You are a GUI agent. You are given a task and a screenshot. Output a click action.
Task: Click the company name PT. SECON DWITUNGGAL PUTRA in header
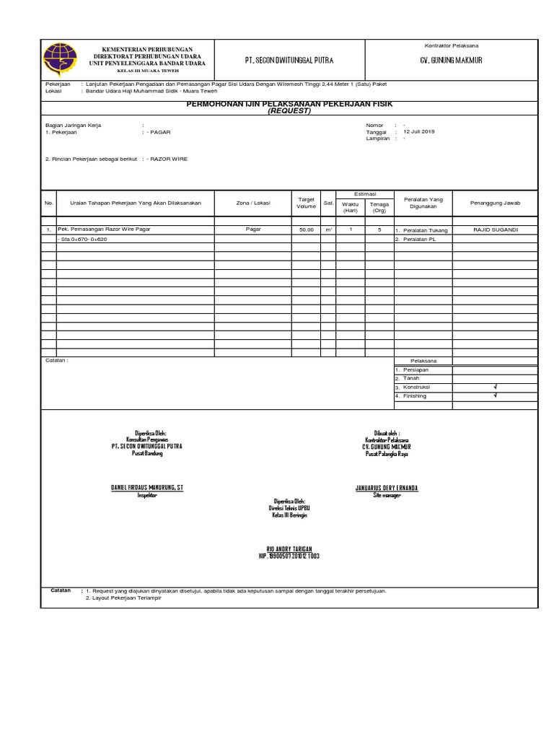click(288, 60)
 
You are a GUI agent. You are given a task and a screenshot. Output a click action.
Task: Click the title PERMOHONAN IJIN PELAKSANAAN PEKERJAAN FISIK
click(289, 105)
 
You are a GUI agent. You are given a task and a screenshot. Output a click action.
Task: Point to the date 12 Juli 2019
click(419, 131)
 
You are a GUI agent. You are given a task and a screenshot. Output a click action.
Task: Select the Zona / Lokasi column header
click(253, 203)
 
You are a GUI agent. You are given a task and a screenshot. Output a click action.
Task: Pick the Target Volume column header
click(306, 202)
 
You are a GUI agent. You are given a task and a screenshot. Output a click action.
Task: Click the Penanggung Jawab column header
click(495, 203)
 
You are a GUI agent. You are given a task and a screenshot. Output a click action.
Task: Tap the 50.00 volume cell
click(306, 229)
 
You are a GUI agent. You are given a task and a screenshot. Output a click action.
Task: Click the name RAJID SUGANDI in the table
click(495, 229)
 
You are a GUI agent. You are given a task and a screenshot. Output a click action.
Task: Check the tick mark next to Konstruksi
click(495, 388)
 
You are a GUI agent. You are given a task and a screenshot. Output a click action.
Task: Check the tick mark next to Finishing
click(495, 396)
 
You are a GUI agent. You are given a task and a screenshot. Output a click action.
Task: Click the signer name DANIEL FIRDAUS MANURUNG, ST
click(147, 488)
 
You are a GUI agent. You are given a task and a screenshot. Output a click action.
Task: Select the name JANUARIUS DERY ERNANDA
click(387, 488)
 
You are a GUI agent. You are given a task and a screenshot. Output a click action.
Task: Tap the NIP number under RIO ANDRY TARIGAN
click(289, 556)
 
